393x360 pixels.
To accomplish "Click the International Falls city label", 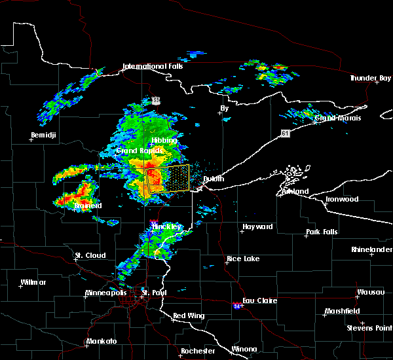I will coord(153,66).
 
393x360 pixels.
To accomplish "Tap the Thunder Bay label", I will coord(370,78).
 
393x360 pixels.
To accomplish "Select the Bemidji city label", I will coord(44,135).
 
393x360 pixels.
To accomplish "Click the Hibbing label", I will coord(164,141).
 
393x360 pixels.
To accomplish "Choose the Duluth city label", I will coord(213,179).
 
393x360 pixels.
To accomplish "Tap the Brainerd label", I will coord(88,206).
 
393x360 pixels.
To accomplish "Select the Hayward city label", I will coord(257,226).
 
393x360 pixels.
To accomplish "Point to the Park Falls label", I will coord(322,232).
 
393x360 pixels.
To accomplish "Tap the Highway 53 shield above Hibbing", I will coord(155,100).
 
